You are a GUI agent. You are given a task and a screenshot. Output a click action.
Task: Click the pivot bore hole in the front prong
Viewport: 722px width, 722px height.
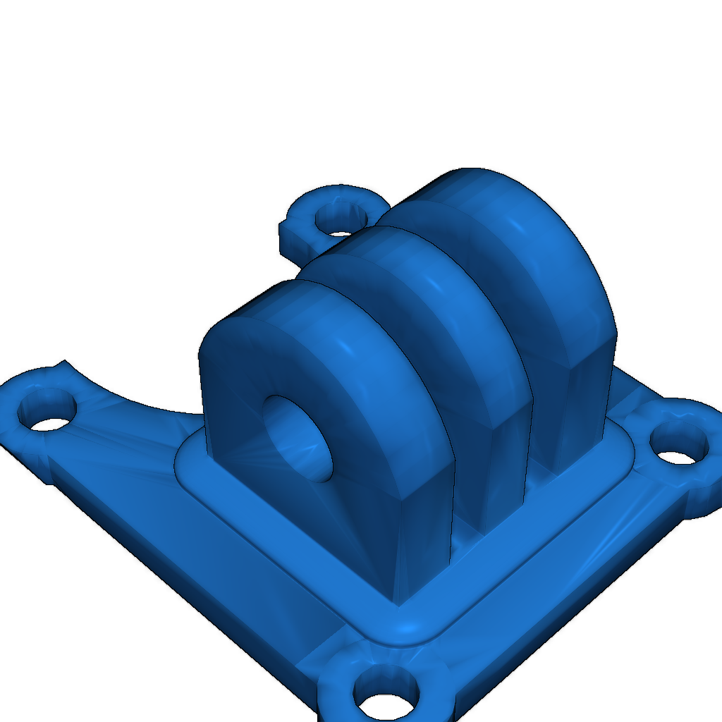296,437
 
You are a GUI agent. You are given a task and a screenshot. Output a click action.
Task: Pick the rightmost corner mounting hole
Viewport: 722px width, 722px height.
677,447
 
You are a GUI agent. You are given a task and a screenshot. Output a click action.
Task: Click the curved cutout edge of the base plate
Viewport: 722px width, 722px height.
141,402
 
